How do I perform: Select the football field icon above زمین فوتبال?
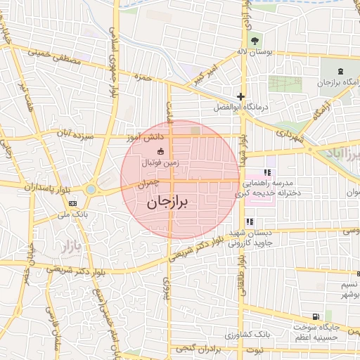click(x=161, y=150)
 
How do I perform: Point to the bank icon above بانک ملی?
click(x=73, y=203)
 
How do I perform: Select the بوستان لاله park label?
click(x=252, y=51)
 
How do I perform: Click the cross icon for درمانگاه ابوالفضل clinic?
click(x=241, y=96)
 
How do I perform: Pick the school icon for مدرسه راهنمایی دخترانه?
click(x=266, y=172)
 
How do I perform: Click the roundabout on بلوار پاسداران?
click(x=91, y=189)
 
